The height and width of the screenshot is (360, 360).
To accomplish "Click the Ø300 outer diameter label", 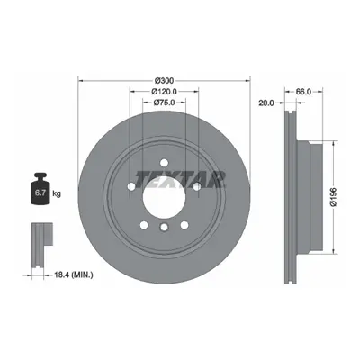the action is pyautogui.click(x=164, y=80).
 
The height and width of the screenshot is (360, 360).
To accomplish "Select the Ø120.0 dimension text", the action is pyautogui.click(x=164, y=91).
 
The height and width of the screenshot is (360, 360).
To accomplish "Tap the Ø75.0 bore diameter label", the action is pyautogui.click(x=164, y=103).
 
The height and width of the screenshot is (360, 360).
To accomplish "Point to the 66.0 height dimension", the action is pyautogui.click(x=303, y=92).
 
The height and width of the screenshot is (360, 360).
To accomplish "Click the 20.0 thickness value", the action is pyautogui.click(x=266, y=103).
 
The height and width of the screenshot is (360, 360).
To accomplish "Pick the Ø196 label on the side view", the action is pyautogui.click(x=333, y=197).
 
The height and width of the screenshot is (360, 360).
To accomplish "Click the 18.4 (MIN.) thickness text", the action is pyautogui.click(x=74, y=274).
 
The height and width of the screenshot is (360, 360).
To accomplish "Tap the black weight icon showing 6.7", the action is pyautogui.click(x=40, y=188).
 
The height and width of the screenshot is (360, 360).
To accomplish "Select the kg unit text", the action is pyautogui.click(x=57, y=193).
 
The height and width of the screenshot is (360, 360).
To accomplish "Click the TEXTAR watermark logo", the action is pyautogui.click(x=180, y=179).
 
